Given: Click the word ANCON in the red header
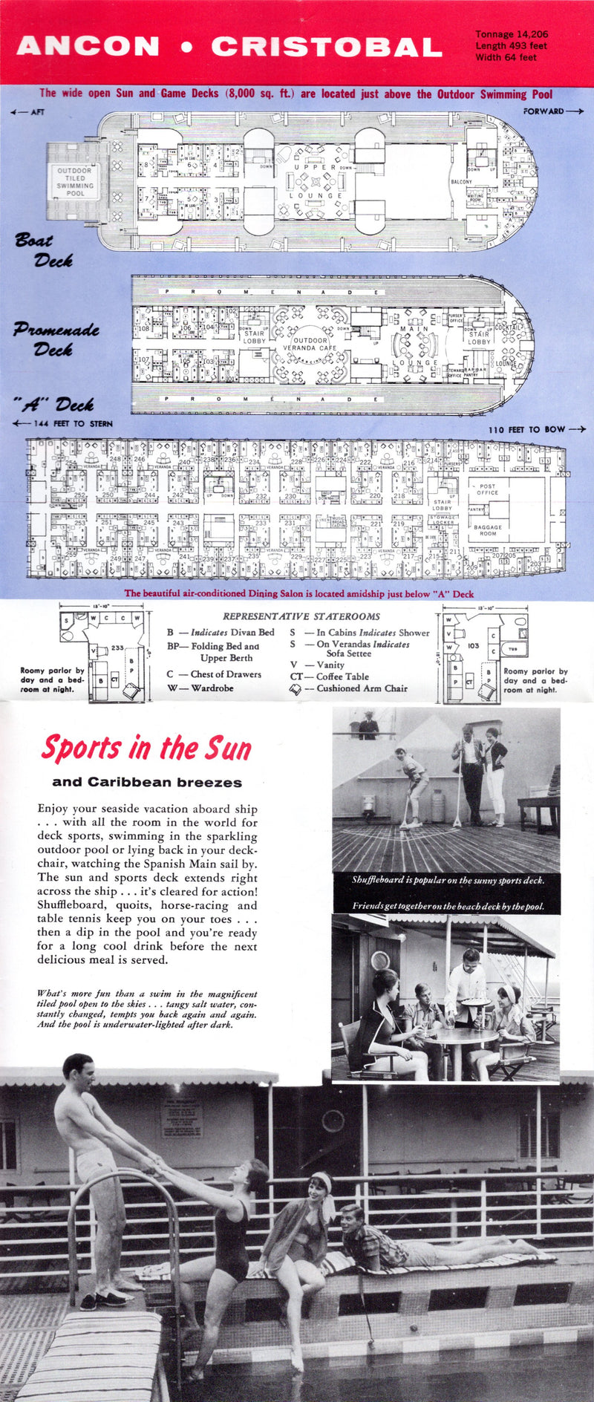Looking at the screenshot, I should click(x=88, y=47).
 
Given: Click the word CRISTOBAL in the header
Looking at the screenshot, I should click(x=327, y=47).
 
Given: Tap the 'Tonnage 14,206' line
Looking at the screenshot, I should click(x=512, y=34).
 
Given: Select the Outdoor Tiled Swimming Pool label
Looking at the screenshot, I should click(x=75, y=182).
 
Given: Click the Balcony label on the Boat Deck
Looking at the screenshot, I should click(x=461, y=182).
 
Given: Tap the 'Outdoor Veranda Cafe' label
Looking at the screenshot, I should click(x=310, y=344).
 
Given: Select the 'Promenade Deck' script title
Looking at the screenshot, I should click(x=56, y=339).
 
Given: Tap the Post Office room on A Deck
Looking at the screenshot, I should click(x=487, y=489).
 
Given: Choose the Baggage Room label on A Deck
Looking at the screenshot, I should click(x=487, y=530).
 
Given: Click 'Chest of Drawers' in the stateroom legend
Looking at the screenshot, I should click(x=225, y=674).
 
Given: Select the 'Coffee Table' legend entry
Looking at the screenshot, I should click(x=342, y=676).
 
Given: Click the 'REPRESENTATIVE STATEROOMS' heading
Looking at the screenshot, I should click(x=301, y=616).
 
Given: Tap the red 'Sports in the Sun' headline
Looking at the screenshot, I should click(x=146, y=749).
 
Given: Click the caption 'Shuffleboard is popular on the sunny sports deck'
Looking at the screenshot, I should click(x=448, y=880).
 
